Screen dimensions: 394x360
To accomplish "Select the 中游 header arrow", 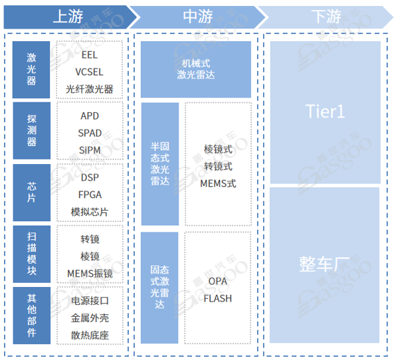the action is pyautogui.click(x=198, y=17).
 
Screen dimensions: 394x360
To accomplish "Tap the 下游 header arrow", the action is pyautogui.click(x=326, y=17).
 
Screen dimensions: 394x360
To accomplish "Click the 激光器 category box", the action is pyautogui.click(x=31, y=70).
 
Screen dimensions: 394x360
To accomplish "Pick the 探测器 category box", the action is pyautogui.click(x=32, y=131).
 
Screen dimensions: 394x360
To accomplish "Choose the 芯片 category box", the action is pyautogui.click(x=32, y=193).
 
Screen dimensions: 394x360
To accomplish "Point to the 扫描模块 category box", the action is pyautogui.click(x=32, y=254).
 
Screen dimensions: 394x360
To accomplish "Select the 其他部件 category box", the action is pyautogui.click(x=32, y=315).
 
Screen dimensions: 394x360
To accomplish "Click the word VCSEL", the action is pyautogui.click(x=89, y=72).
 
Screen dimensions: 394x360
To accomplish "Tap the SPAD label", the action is pyautogui.click(x=90, y=133).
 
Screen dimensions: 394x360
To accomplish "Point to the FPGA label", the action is pyautogui.click(x=90, y=195).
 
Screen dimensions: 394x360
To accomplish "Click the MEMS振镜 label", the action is pyautogui.click(x=90, y=274).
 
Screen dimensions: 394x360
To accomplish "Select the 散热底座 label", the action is pyautogui.click(x=90, y=335).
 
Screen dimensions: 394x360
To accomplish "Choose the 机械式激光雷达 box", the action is pyautogui.click(x=196, y=69).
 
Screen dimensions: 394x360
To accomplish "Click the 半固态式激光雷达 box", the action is pyautogui.click(x=160, y=164).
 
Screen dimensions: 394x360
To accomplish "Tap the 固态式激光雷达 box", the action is pyautogui.click(x=159, y=288).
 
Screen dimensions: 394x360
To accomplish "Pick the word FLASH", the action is pyautogui.click(x=218, y=298).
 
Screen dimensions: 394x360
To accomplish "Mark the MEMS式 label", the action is pyautogui.click(x=218, y=183).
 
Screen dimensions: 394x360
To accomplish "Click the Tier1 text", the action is pyautogui.click(x=325, y=112).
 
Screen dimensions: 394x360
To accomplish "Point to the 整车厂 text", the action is pyautogui.click(x=325, y=264).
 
